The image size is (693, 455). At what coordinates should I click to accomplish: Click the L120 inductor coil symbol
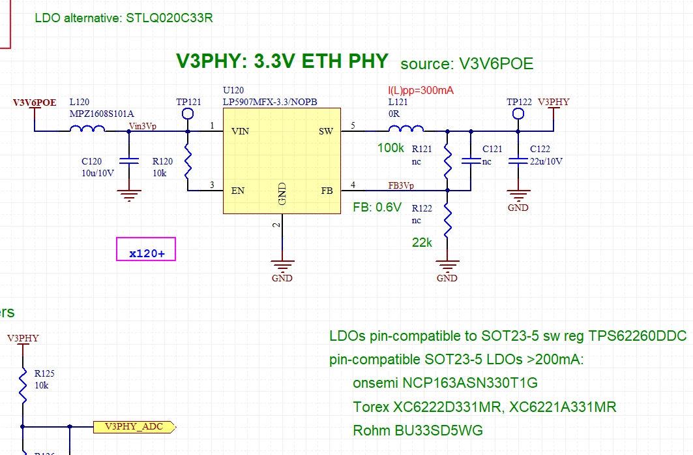pos(87,129)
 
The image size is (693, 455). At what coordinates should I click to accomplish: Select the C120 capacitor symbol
pos(129,161)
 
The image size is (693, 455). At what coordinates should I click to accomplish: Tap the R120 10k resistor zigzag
pos(188,161)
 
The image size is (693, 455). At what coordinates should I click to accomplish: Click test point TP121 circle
pos(188,114)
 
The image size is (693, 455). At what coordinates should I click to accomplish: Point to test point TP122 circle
pos(518,114)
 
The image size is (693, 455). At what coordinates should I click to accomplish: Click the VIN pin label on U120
pos(241,131)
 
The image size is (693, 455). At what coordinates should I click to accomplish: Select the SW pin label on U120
pos(326,131)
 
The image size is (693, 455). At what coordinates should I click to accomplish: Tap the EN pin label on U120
pos(238,191)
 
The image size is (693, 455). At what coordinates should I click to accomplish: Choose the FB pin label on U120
pos(327,191)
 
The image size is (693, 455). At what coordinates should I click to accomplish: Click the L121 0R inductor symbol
pos(405,129)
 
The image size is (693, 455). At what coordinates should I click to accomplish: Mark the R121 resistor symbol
pos(447,161)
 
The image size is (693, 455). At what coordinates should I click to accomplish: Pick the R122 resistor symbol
pos(447,221)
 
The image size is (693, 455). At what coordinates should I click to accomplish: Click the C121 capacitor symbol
pos(471,161)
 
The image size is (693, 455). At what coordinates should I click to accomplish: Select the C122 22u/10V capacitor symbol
pos(518,161)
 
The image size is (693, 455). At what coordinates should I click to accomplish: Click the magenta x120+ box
pos(146,249)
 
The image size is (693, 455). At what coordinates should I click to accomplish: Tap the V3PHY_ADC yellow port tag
pos(135,427)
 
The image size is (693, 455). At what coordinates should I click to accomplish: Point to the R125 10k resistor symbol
pos(23,385)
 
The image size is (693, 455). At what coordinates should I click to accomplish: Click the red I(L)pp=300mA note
pos(420,90)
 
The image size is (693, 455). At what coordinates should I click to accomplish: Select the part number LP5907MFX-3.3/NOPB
pos(270,102)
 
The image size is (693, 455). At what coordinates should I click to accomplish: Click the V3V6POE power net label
pos(35,102)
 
